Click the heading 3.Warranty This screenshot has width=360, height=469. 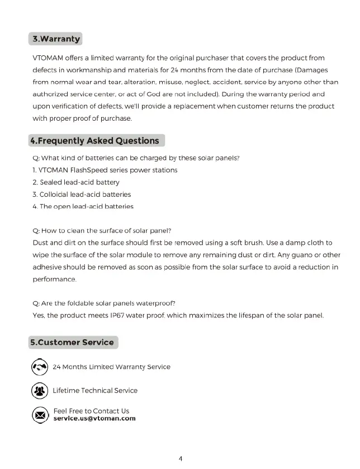56,40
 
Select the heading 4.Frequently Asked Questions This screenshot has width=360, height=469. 95,141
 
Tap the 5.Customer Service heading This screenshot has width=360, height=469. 72,342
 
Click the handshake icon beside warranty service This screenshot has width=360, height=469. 39,367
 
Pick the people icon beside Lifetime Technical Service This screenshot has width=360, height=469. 39,391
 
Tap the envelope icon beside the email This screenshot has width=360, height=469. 39,415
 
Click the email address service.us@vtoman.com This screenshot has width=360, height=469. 94,418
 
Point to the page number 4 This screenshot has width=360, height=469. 181,458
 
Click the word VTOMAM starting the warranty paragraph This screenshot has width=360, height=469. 49,58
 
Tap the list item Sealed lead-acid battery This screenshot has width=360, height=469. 76,182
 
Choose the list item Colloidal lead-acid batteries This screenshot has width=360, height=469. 82,195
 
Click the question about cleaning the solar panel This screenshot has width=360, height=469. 102,231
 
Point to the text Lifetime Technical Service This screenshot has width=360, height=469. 95,391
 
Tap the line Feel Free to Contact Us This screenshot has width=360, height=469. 91,411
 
